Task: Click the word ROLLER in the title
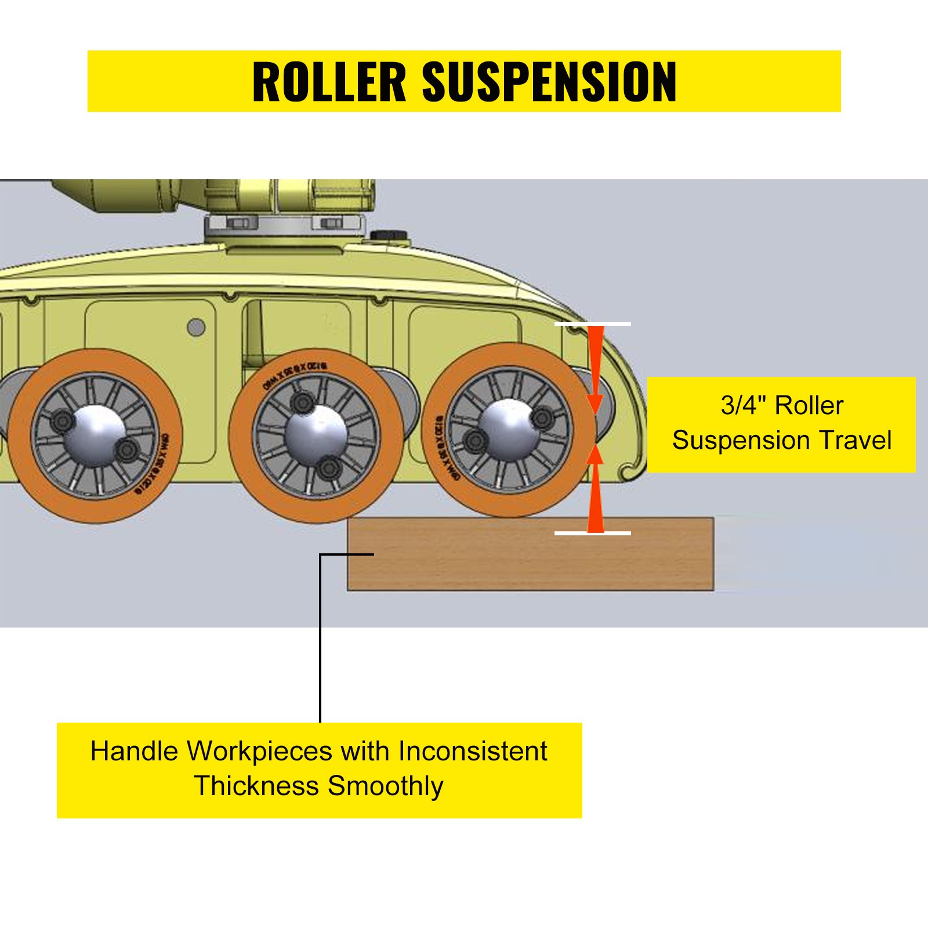[x=329, y=82]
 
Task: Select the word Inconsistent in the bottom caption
[x=472, y=751]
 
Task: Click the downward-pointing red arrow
[x=596, y=371]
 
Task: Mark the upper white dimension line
[x=592, y=324]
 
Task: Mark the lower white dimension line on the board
[x=592, y=533]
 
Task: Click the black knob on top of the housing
[x=389, y=235]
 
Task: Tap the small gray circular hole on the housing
[x=196, y=328]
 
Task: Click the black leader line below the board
[x=320, y=638]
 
